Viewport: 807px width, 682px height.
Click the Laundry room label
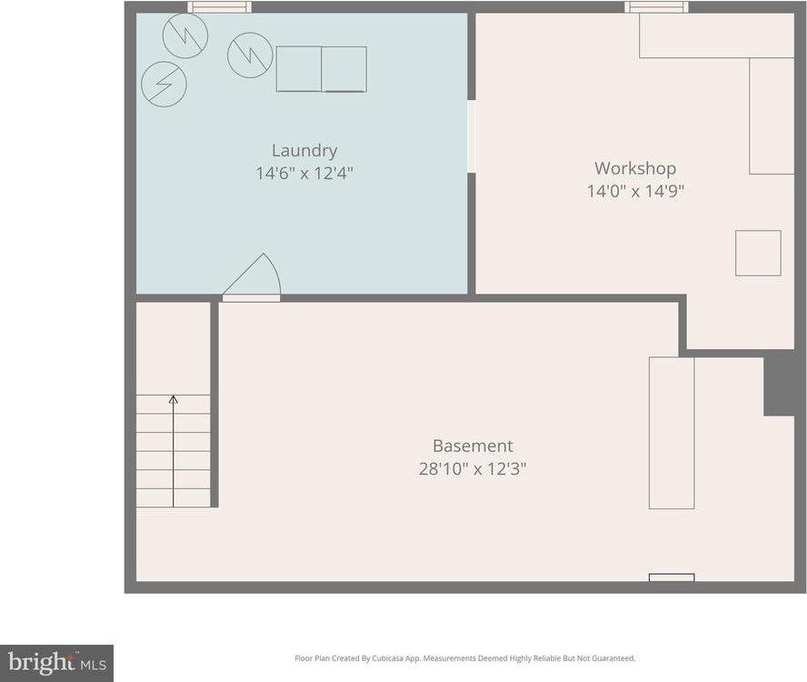point(304,151)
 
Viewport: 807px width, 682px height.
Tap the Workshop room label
point(635,168)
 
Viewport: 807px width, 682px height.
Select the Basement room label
point(473,446)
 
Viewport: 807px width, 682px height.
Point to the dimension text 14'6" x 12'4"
point(304,173)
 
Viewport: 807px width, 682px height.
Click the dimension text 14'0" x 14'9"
point(635,191)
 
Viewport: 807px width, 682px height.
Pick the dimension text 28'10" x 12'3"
point(473,468)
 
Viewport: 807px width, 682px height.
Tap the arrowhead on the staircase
point(174,399)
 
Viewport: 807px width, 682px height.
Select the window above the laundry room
point(219,7)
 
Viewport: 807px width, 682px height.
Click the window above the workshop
point(656,7)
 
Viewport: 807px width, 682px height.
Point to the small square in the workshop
point(758,253)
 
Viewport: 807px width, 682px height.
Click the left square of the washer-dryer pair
point(299,69)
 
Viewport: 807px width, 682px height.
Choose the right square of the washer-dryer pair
point(344,69)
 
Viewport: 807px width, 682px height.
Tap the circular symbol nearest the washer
point(250,55)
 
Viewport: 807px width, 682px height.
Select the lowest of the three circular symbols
point(164,84)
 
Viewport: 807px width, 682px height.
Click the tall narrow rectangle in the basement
point(672,433)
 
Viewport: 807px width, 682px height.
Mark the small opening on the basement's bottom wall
point(672,577)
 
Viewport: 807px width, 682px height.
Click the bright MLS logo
point(56,663)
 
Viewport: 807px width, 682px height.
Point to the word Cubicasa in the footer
point(396,658)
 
